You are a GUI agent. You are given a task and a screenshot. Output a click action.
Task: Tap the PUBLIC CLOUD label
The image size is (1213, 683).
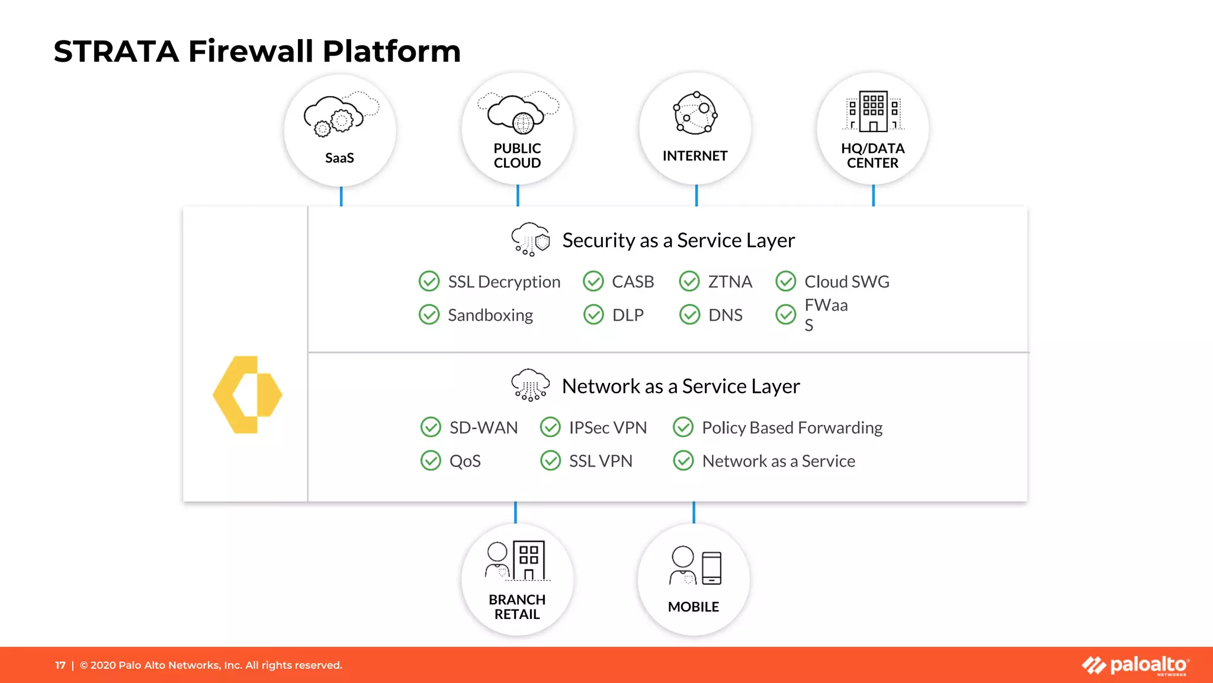pyautogui.click(x=517, y=156)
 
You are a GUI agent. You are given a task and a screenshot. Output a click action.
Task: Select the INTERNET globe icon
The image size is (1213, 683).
pyautogui.click(x=695, y=112)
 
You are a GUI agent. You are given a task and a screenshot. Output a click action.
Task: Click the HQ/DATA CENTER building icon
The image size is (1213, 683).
pyautogui.click(x=873, y=111)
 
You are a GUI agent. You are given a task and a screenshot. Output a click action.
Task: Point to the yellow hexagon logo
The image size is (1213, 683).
pyautogui.click(x=248, y=394)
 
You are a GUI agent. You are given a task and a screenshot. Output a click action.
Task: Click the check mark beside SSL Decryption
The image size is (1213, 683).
pyautogui.click(x=429, y=282)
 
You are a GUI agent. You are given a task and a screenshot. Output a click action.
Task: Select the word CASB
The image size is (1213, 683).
pyautogui.click(x=633, y=282)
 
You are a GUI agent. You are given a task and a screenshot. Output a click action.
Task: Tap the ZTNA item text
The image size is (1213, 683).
pyautogui.click(x=730, y=282)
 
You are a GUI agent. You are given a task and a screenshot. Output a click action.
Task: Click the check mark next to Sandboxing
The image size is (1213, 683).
pyautogui.click(x=429, y=315)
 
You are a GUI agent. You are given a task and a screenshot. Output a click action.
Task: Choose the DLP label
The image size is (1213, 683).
pyautogui.click(x=628, y=315)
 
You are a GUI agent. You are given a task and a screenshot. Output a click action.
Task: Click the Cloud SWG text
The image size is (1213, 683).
pyautogui.click(x=846, y=282)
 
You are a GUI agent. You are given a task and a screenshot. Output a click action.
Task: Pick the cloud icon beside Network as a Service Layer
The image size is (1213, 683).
pyautogui.click(x=530, y=385)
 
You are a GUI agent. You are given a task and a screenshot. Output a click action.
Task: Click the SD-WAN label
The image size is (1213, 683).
pyautogui.click(x=483, y=427)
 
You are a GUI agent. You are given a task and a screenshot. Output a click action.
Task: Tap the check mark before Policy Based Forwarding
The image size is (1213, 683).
pyautogui.click(x=683, y=427)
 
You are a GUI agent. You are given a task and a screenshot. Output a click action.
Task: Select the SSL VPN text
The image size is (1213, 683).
pyautogui.click(x=601, y=461)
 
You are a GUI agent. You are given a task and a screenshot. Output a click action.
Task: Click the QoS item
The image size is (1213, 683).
pyautogui.click(x=465, y=461)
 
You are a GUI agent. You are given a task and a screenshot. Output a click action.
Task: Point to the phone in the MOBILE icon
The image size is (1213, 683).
pyautogui.click(x=711, y=568)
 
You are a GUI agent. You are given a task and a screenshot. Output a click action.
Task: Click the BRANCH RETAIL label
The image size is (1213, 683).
pyautogui.click(x=517, y=607)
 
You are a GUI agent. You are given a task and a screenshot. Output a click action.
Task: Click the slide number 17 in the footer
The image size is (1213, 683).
pyautogui.click(x=60, y=665)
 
